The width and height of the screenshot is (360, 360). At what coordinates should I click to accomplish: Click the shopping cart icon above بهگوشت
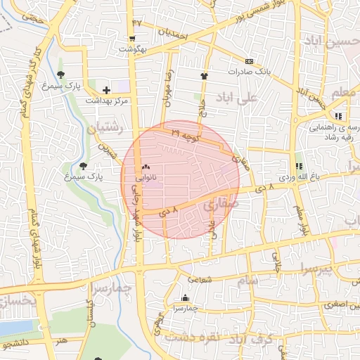(132, 39)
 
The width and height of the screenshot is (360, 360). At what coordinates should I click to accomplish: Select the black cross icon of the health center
(106, 90)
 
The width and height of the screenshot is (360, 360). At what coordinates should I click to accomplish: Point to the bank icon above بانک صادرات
(248, 61)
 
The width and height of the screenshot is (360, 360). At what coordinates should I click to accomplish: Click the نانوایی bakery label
(146, 179)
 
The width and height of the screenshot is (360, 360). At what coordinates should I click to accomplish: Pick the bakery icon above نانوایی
(146, 167)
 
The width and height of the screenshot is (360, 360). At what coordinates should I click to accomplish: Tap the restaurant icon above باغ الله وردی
(300, 166)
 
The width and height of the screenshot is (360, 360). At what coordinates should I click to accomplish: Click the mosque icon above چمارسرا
(185, 297)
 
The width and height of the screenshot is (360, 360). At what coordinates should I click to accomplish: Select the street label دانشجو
(15, 345)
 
